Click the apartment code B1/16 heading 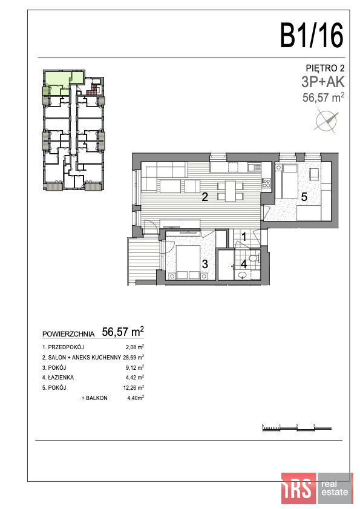312,35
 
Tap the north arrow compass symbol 326,122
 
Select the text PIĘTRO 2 325,68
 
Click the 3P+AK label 322,82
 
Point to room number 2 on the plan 205,197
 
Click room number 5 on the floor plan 304,197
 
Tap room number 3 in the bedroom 205,264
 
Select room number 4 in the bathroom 243,264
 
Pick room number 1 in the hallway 244,237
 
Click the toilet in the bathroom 255,258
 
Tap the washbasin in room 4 243,275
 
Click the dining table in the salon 230,191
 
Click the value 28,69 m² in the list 134,357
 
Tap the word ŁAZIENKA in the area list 61,377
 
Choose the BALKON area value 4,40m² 136,398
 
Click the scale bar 296,428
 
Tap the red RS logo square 299,488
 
